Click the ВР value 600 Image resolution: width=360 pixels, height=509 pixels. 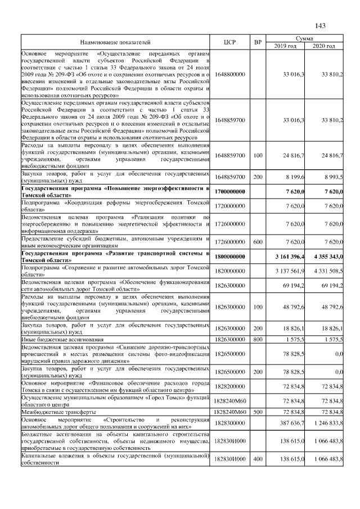(258, 241)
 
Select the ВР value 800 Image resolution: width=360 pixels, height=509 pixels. (258, 340)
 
